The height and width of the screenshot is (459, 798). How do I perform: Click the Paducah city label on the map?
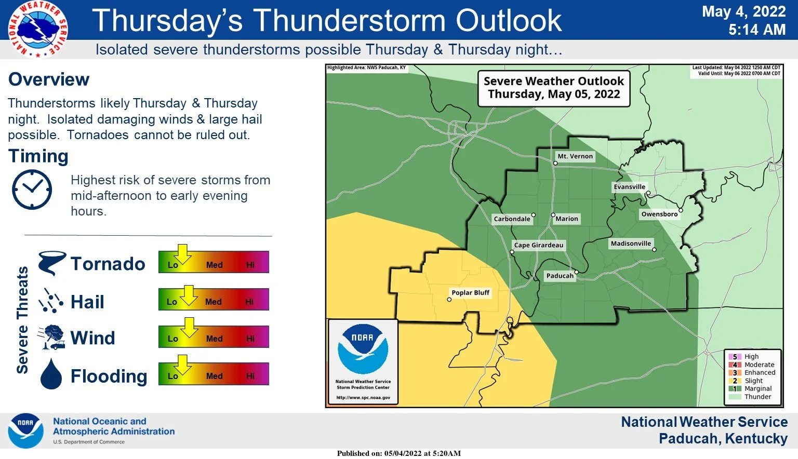tap(560, 276)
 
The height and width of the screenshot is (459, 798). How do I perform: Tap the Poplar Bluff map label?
tap(470, 293)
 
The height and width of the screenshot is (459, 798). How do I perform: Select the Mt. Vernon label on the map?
tap(575, 156)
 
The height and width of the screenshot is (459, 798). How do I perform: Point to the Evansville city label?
tap(629, 187)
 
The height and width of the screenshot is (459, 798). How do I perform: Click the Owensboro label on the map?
tap(659, 214)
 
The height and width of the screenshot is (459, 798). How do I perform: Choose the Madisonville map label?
tap(631, 244)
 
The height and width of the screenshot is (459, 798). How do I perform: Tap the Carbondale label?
tap(512, 219)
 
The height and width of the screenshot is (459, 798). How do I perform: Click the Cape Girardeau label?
tap(538, 245)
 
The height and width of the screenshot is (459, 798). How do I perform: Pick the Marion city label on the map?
tap(566, 219)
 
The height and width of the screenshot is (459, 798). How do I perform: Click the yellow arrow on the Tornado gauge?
tap(182, 254)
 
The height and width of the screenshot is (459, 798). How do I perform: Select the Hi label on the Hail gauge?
tap(249, 302)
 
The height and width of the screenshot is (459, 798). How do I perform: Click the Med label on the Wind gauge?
tap(214, 339)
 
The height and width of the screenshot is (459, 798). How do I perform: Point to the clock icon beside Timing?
tap(32, 190)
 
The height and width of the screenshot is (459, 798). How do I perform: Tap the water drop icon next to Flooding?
tap(51, 374)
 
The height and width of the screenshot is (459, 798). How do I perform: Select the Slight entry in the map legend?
tap(753, 381)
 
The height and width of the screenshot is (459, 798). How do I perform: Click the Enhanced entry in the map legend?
tap(759, 373)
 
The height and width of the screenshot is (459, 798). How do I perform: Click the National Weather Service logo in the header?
tap(37, 29)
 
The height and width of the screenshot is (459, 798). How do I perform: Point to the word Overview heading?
tap(49, 79)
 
